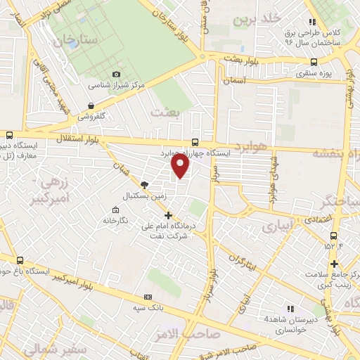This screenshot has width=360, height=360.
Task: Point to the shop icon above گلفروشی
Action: click(91, 105)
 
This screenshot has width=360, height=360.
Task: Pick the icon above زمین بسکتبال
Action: click(145, 184)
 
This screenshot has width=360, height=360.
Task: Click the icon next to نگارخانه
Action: click(115, 210)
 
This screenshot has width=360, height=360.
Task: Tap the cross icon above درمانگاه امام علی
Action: click(167, 215)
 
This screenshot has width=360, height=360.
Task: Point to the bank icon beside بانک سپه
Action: click(148, 297)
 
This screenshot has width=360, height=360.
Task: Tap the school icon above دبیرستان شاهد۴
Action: click(290, 309)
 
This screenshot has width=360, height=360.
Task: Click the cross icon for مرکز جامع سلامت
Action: click(334, 263)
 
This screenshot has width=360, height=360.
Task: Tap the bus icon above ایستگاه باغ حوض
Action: click(20, 259)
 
